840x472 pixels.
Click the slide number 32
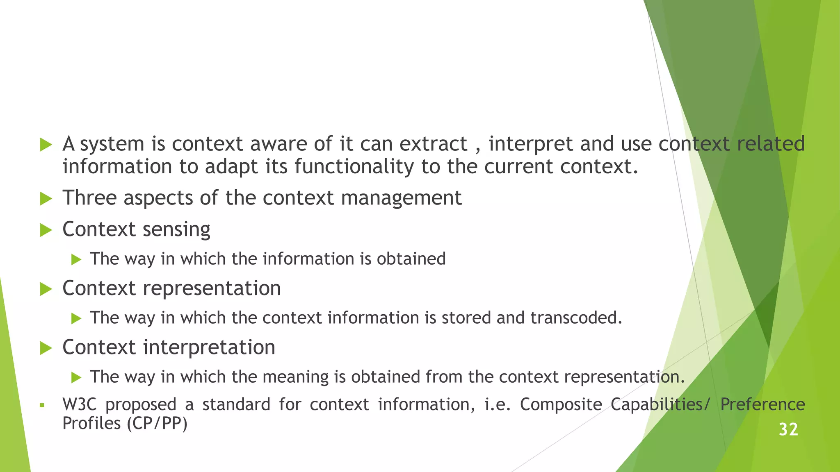(x=788, y=430)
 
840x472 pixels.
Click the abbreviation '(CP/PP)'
(x=157, y=423)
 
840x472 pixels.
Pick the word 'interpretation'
(x=209, y=347)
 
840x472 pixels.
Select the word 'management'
(x=401, y=198)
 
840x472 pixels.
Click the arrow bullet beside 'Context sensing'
(x=46, y=230)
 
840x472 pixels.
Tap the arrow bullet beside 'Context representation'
(x=46, y=289)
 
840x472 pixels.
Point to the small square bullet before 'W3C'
(x=42, y=406)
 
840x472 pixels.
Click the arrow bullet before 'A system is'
(x=46, y=145)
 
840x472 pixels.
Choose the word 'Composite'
(x=561, y=405)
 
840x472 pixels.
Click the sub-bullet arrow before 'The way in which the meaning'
(x=76, y=377)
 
